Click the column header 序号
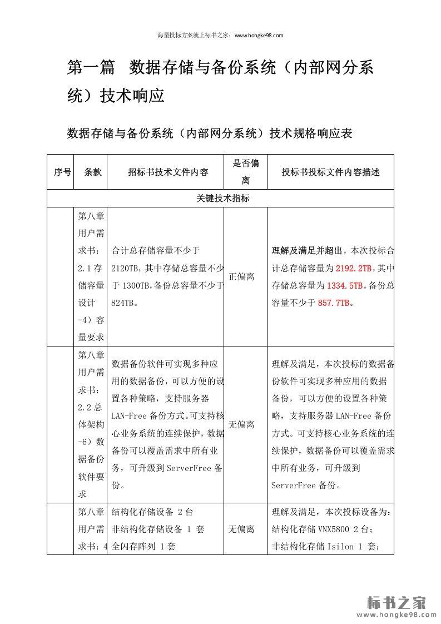(x=62, y=172)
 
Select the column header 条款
(x=92, y=172)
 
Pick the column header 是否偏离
(x=245, y=172)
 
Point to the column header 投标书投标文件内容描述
(x=330, y=172)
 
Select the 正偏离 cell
(x=241, y=276)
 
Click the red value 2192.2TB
(x=353, y=268)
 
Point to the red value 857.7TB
(x=334, y=303)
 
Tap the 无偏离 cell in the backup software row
(x=241, y=424)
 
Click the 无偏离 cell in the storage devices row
(x=241, y=529)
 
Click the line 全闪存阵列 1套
(x=144, y=546)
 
